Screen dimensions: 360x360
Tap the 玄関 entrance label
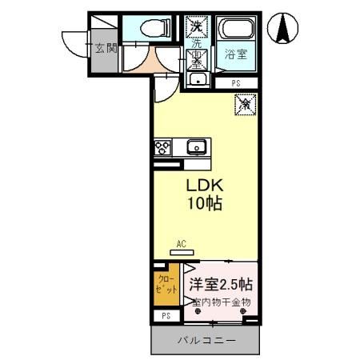tap(106, 48)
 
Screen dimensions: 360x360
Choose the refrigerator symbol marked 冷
tap(245, 103)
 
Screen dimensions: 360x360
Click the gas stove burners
tap(163, 147)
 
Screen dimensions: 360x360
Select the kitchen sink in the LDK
tap(197, 147)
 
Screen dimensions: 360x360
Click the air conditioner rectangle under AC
tap(182, 249)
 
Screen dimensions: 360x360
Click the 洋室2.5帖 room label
tap(222, 284)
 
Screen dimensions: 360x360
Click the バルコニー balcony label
tap(206, 341)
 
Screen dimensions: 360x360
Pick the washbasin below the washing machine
tap(197, 79)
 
